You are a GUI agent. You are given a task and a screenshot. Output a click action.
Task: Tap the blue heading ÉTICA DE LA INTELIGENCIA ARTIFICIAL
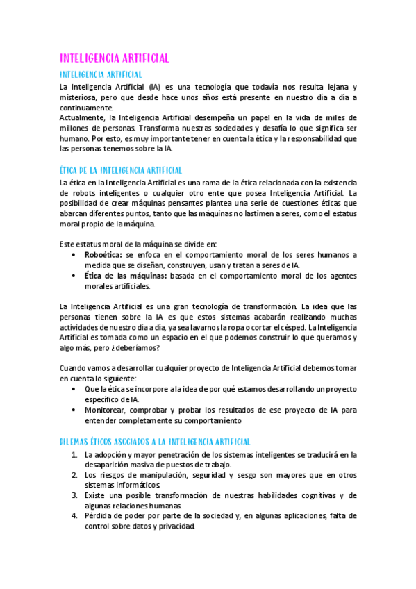click(x=122, y=169)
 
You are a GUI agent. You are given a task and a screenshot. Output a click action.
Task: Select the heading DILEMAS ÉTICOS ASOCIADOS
click(x=156, y=441)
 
